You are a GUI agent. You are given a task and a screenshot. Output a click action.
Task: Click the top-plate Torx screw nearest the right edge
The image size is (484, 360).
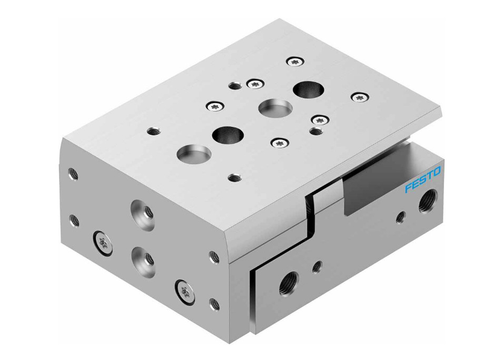tap(360, 97)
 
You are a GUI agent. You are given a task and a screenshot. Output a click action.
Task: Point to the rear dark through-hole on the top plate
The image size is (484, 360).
tap(305, 89)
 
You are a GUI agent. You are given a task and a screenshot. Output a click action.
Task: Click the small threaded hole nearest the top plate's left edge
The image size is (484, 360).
tap(153, 131)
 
